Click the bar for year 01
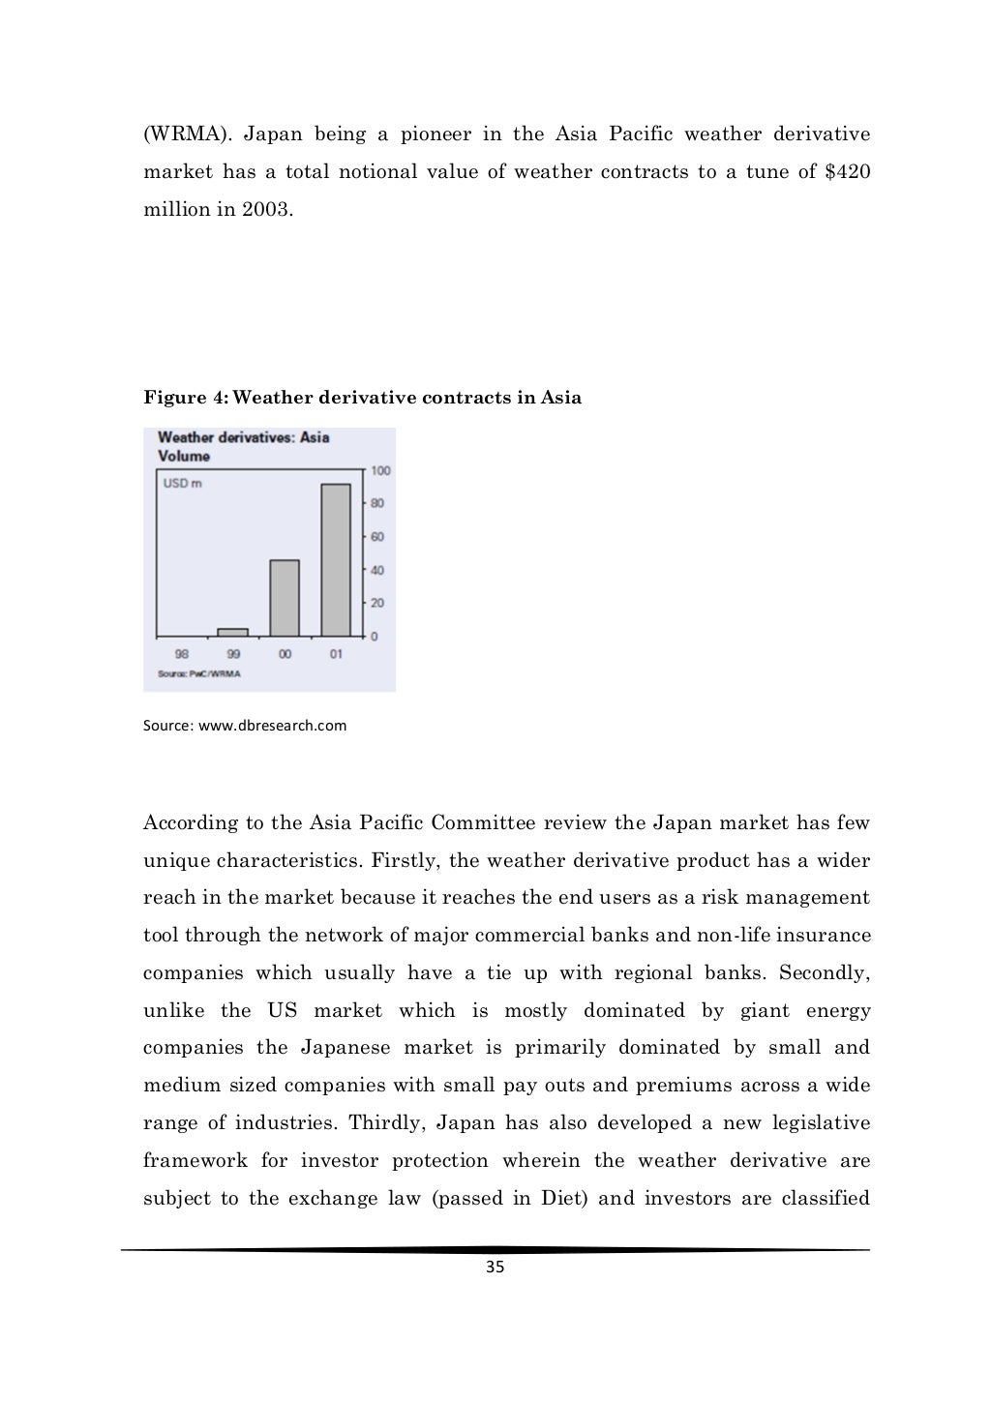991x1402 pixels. tap(336, 559)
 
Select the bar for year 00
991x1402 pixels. tap(285, 597)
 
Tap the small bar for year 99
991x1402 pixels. tap(232, 632)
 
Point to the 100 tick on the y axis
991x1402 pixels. tap(380, 470)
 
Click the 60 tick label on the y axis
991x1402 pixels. tap(377, 537)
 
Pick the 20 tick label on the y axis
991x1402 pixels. tap(377, 603)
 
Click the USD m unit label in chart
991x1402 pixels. tap(182, 484)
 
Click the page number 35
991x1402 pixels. tap(495, 1268)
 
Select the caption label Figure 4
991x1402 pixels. tap(185, 398)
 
